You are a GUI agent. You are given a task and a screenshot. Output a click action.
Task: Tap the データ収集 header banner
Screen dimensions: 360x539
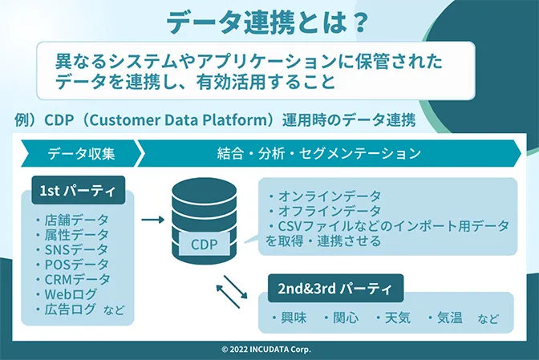point(80,152)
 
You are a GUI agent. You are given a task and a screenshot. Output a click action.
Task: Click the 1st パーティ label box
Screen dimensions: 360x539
point(79,191)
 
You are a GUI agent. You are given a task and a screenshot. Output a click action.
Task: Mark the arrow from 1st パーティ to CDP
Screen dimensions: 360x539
point(152,217)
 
